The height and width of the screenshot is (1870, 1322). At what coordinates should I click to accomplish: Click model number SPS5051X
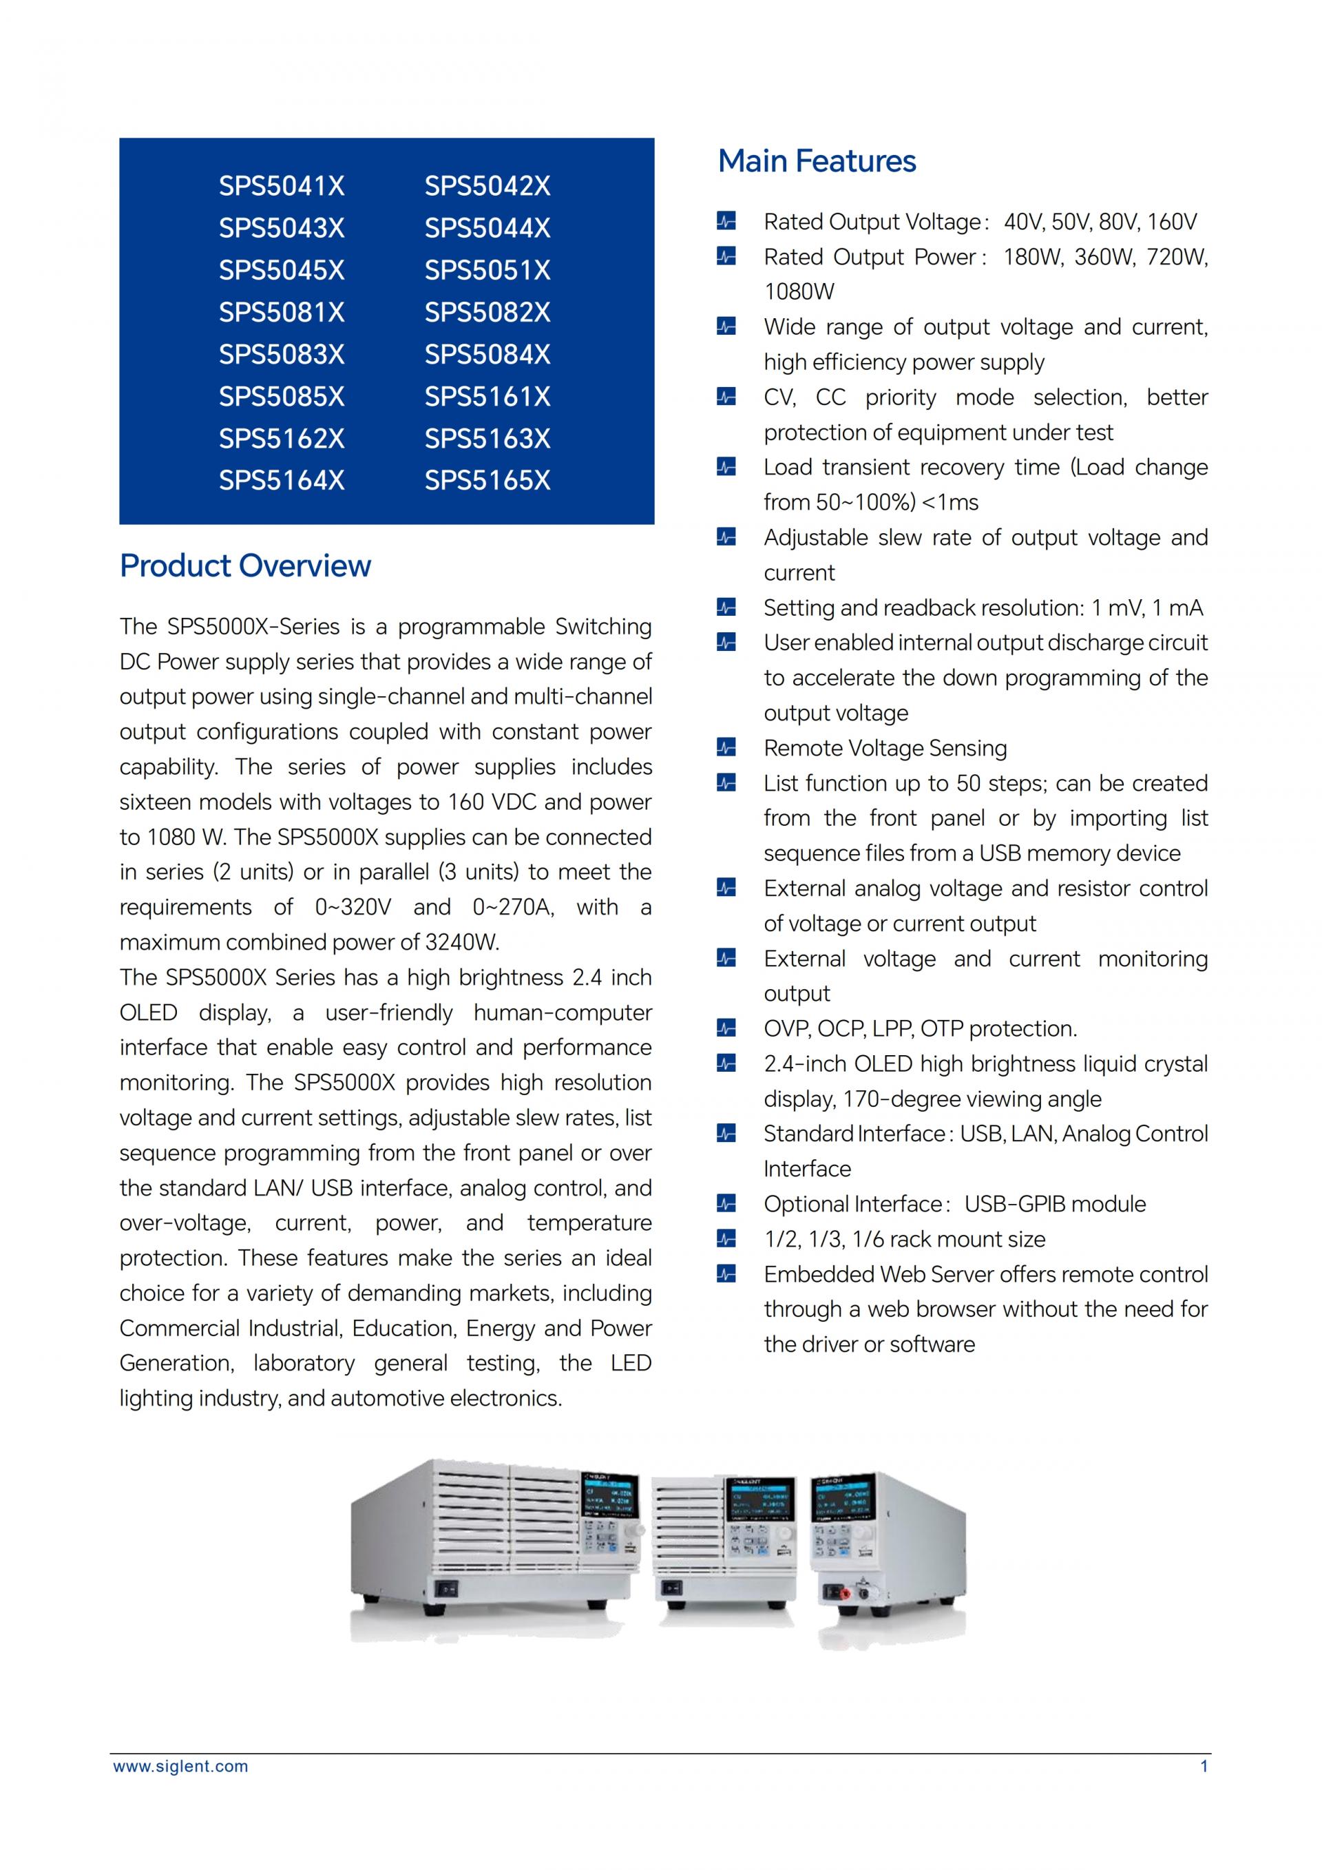click(487, 271)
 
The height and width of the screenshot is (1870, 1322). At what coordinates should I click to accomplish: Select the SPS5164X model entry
click(282, 481)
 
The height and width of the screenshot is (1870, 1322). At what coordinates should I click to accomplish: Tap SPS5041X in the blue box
click(282, 187)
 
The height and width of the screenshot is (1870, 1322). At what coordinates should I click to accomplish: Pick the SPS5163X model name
click(487, 439)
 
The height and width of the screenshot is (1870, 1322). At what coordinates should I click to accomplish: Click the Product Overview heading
click(245, 566)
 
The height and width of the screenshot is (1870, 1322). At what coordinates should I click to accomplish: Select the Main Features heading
click(817, 161)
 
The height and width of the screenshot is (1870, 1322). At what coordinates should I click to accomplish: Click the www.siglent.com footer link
click(180, 1767)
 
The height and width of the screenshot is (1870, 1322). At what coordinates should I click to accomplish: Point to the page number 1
click(1204, 1767)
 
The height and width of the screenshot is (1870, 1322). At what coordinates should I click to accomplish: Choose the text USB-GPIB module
click(1055, 1204)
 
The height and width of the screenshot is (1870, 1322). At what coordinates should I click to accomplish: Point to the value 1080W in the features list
click(799, 291)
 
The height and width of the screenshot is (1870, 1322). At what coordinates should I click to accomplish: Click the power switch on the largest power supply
click(447, 1588)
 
